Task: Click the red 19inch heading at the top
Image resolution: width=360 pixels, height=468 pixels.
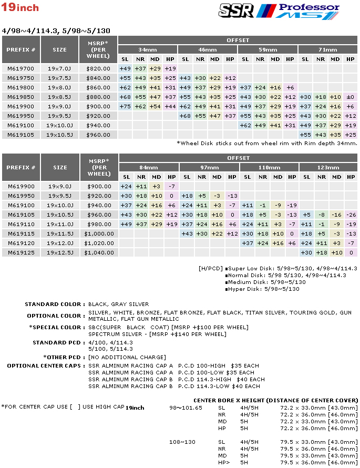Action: (x=20, y=8)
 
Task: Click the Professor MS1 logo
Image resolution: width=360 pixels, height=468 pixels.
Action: (x=305, y=11)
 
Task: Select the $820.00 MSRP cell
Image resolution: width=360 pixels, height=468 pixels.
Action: (x=99, y=68)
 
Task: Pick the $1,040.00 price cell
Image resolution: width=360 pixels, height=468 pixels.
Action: (x=99, y=252)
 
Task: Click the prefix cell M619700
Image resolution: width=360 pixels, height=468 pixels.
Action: (x=21, y=68)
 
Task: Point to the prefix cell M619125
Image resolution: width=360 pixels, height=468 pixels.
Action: (x=21, y=252)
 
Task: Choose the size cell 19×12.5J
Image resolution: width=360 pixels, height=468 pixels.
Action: (x=60, y=252)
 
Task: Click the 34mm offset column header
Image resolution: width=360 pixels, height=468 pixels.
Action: (x=148, y=49)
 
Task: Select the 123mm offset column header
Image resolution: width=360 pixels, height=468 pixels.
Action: (x=328, y=167)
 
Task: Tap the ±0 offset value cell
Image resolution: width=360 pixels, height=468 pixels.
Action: (x=350, y=97)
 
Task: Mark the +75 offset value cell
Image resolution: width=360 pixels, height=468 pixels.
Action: (x=126, y=106)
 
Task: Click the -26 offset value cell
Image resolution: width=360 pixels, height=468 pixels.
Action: (x=351, y=215)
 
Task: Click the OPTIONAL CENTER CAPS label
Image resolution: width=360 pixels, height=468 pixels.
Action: (x=46, y=365)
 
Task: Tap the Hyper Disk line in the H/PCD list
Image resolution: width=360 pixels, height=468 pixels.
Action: (x=263, y=289)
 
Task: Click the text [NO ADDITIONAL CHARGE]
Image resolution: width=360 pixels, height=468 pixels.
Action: (x=127, y=358)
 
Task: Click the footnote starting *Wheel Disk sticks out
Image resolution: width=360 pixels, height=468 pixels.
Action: (x=267, y=143)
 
